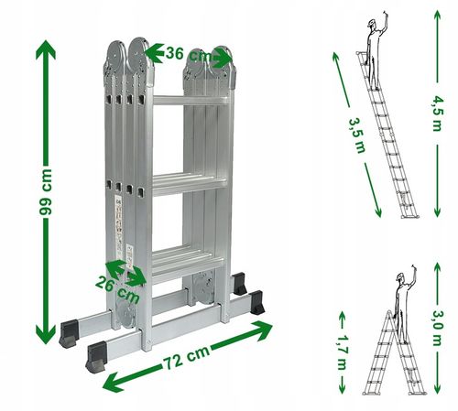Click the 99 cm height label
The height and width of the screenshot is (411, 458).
(x=46, y=192)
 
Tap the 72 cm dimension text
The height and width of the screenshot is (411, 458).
(x=187, y=357)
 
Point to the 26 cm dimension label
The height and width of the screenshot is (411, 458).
(x=117, y=290)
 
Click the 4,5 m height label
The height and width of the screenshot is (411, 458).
(x=437, y=114)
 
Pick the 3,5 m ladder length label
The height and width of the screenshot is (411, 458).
(x=357, y=135)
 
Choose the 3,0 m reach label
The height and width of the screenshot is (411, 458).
(x=437, y=328)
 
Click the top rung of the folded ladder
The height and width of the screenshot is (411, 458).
(x=191, y=101)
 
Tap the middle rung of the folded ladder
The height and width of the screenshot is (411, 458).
(x=190, y=184)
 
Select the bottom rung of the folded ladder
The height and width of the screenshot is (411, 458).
(x=187, y=265)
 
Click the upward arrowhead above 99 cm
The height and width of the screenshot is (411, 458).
(x=46, y=49)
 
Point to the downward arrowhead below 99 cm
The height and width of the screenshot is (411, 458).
(x=46, y=334)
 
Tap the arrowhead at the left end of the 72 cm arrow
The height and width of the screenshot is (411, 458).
(x=113, y=382)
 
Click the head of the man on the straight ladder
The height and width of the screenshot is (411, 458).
(x=372, y=24)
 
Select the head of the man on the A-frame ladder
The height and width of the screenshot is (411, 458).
(x=400, y=276)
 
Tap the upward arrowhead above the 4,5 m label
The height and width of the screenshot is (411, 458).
(x=437, y=16)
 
